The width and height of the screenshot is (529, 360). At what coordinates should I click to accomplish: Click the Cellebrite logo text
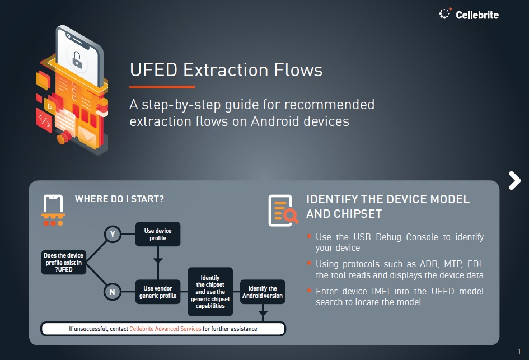coord(477,15)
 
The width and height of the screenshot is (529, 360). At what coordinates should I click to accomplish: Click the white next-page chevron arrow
coord(514,180)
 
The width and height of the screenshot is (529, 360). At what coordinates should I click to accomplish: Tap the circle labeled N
coord(113,292)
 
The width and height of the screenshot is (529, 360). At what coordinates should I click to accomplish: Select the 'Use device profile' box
coord(158,235)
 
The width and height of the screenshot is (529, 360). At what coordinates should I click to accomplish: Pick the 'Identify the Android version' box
coord(262,292)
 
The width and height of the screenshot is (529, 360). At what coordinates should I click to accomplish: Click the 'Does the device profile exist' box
coord(63,262)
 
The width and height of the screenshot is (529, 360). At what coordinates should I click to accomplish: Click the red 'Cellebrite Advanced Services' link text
coord(165,329)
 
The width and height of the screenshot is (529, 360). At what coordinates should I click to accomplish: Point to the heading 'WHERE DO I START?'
coord(119,199)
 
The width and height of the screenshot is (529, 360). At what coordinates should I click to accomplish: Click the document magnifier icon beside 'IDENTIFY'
coord(283,210)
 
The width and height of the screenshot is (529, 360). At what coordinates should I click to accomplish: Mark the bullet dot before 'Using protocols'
coord(309,263)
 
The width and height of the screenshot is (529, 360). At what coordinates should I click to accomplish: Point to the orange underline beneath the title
coord(162,87)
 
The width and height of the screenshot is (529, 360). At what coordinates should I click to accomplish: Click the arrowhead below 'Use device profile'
coord(158,260)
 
